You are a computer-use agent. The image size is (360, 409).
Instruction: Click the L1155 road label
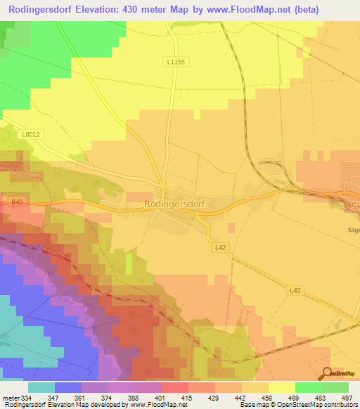tap(178, 62)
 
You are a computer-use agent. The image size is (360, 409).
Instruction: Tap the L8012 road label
tap(30, 134)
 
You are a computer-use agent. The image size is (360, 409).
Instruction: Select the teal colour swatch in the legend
tap(41, 387)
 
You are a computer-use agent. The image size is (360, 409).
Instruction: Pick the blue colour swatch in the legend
tap(67, 387)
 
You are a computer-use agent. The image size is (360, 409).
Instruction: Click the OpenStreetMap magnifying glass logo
tap(326, 375)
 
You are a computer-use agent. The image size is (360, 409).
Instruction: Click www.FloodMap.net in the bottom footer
tap(153, 405)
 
